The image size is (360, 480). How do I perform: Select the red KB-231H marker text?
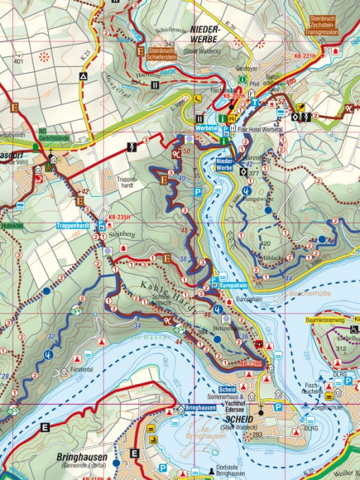304,56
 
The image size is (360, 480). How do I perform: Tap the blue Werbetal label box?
206,128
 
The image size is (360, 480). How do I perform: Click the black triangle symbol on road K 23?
83,78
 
